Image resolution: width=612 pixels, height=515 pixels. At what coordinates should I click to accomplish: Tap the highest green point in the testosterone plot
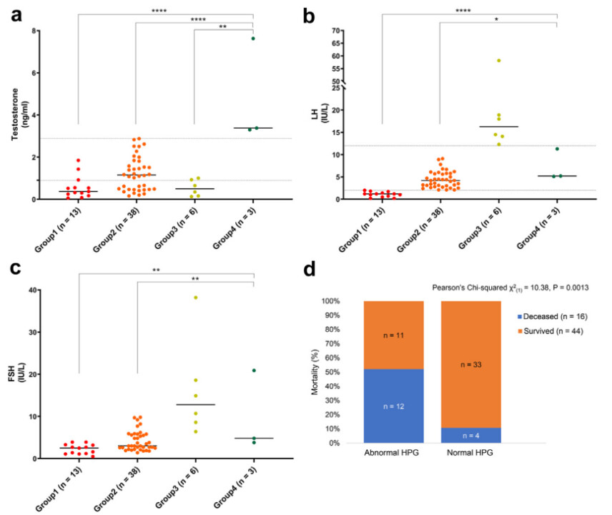pyautogui.click(x=253, y=38)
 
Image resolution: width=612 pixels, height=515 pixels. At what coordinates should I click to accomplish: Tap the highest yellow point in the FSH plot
pyautogui.click(x=196, y=298)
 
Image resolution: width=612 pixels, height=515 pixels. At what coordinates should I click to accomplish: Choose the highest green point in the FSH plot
pyautogui.click(x=253, y=371)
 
